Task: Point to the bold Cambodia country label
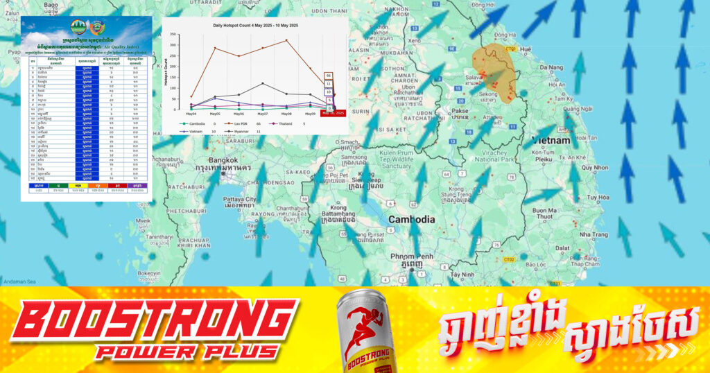pos(411,219)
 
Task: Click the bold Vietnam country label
pos(551,140)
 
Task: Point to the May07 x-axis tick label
pos(263,113)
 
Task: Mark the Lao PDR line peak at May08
pos(286,40)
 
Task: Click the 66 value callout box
pos(329,76)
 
